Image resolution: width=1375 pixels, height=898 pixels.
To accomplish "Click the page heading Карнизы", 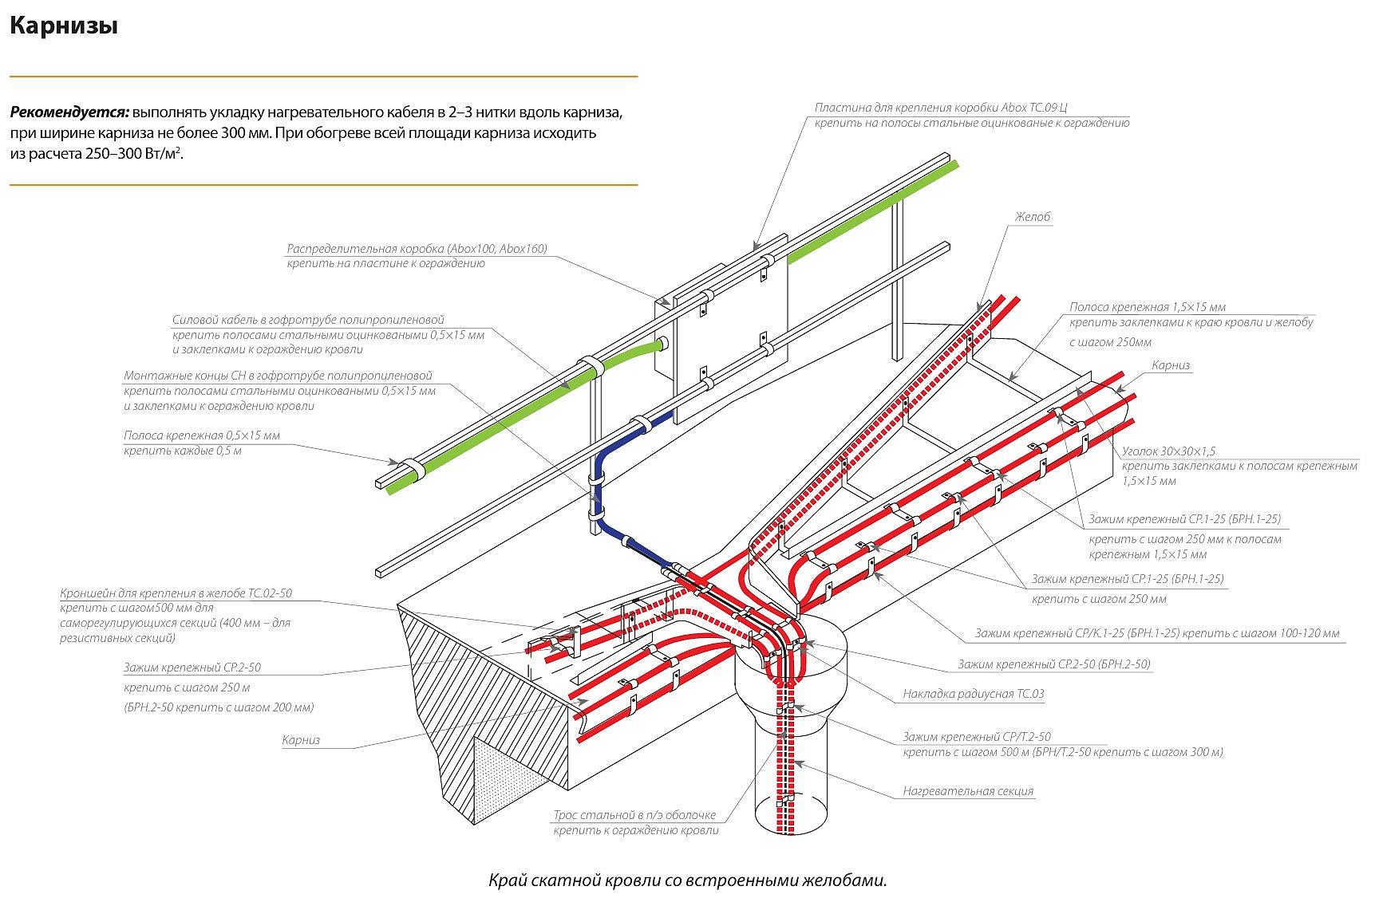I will pyautogui.click(x=64, y=27).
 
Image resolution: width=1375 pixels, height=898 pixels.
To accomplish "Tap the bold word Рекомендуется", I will pyautogui.click(x=70, y=112).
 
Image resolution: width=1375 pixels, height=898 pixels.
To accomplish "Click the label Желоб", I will pyautogui.click(x=1032, y=217).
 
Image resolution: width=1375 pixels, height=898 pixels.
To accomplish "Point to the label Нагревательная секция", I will pyautogui.click(x=968, y=791).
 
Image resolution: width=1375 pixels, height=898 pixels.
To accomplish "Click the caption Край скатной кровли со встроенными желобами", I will pyautogui.click(x=687, y=880).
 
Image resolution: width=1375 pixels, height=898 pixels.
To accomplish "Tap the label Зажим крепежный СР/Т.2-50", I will pyautogui.click(x=977, y=737).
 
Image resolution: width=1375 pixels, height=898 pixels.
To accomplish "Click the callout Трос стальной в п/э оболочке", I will pyautogui.click(x=634, y=816).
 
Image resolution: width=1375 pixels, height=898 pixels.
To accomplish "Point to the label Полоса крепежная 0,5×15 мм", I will pyautogui.click(x=202, y=436).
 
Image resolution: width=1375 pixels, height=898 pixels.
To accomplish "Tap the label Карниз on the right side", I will pyautogui.click(x=1170, y=365).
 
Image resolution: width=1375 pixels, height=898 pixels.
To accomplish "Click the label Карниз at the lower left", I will pyautogui.click(x=301, y=740).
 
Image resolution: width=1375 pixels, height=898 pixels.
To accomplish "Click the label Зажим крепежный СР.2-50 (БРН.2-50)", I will pyautogui.click(x=1053, y=664).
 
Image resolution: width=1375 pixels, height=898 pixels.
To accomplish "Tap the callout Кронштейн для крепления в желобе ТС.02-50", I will pyautogui.click(x=176, y=593).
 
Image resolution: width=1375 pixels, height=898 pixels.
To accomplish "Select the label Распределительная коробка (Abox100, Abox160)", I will pyautogui.click(x=417, y=249).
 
